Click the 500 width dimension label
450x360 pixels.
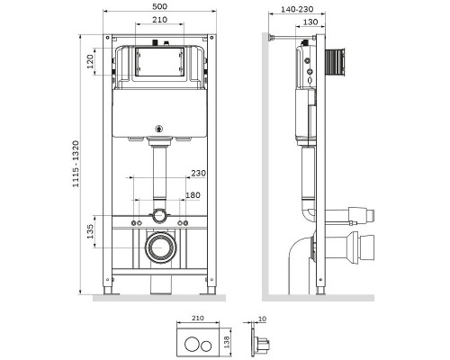tap(159, 6)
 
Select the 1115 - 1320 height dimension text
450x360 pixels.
tap(76, 164)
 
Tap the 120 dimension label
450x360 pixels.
tap(90, 61)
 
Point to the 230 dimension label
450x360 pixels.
tap(199, 173)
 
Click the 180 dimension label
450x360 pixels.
tap(193, 195)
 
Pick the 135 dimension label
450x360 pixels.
tap(90, 231)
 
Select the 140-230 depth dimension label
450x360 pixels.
tap(297, 9)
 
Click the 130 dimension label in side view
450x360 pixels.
tap(310, 22)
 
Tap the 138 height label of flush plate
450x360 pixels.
tap(227, 342)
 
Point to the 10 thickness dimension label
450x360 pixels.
tap(262, 319)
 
